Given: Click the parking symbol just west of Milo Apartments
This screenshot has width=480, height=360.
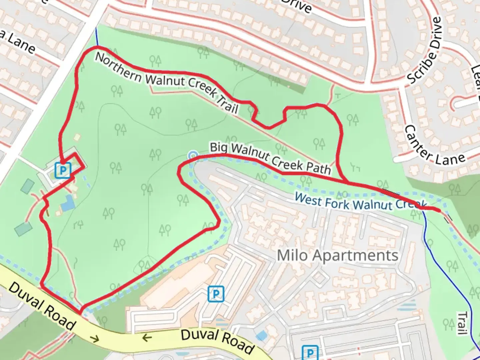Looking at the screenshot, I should point(216,294).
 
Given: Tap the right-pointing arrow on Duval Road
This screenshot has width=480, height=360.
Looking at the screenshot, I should point(95,339).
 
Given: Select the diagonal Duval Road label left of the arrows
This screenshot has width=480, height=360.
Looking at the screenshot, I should point(42,306).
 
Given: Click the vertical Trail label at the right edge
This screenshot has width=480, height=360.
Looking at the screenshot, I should point(462,323).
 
